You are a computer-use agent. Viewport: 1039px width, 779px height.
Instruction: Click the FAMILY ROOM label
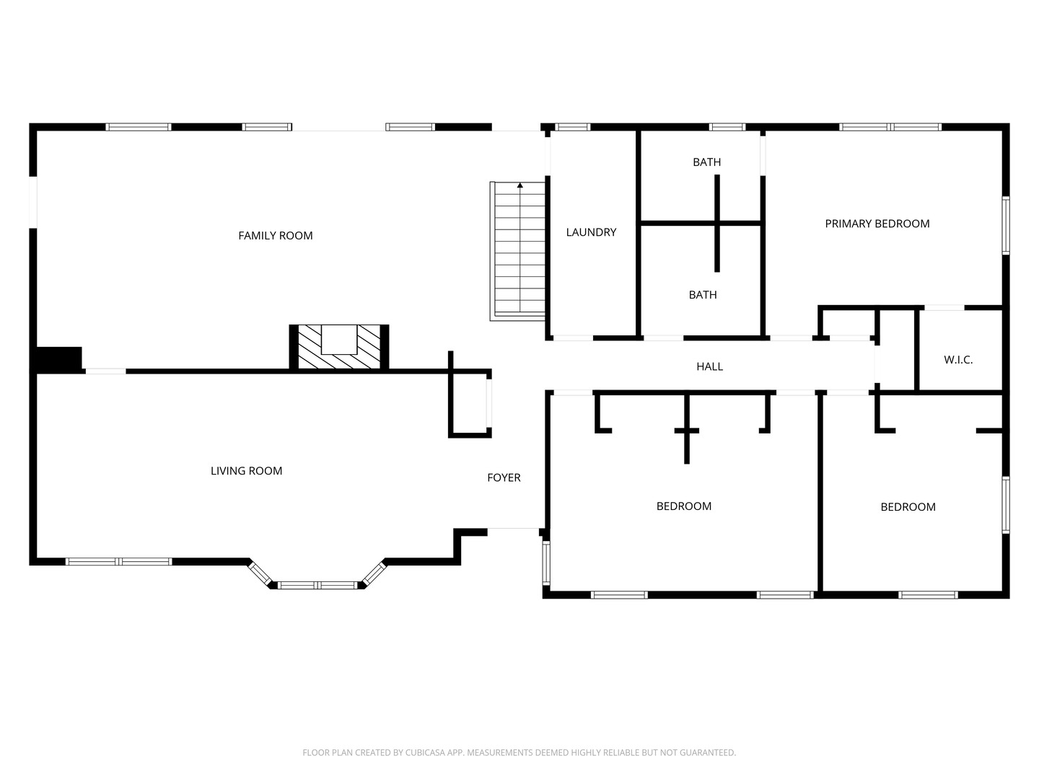pos(276,235)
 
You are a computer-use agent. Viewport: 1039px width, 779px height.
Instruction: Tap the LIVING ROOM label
pos(246,471)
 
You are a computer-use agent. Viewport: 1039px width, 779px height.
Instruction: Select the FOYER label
pos(504,477)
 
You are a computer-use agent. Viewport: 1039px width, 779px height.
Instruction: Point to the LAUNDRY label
pos(591,232)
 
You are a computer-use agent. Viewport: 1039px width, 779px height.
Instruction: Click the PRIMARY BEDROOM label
pos(877,224)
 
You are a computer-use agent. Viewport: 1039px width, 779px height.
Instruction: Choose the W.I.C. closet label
pos(958,360)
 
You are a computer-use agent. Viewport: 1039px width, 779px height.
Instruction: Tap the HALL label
pos(709,366)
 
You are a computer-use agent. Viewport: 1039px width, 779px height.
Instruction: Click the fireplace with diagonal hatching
pos(339,348)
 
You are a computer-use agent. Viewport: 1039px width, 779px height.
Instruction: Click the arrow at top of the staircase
pos(519,186)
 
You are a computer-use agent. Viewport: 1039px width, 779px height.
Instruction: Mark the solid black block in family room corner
pos(58,358)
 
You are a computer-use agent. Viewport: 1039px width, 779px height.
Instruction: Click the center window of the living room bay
pos(318,585)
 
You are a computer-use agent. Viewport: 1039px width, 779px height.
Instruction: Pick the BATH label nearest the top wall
pos(706,162)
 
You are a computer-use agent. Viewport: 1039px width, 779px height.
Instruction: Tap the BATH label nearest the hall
pos(702,295)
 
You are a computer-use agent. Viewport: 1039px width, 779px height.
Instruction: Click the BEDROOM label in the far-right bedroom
pos(908,507)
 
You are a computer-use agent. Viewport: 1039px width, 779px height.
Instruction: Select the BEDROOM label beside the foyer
pos(683,506)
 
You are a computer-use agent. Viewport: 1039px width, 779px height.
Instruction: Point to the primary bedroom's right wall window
pos(1005,226)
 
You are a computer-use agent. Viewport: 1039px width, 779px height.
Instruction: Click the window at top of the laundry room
pos(573,127)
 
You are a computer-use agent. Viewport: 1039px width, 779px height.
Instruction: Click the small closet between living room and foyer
pos(469,404)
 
